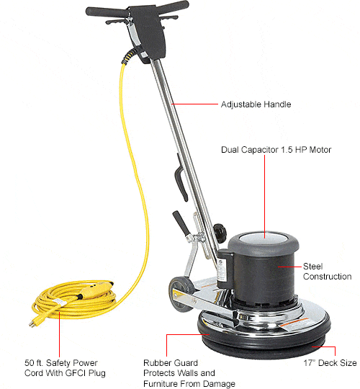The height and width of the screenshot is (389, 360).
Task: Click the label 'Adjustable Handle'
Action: (x=256, y=104)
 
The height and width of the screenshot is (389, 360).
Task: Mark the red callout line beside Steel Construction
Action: (x=289, y=267)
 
